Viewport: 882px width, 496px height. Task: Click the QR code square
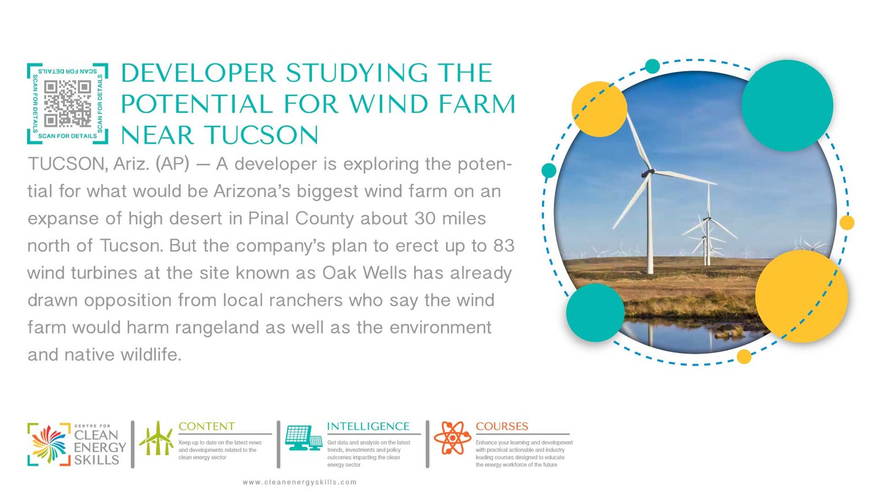tap(67, 104)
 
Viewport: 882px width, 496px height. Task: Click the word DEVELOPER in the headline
tap(198, 73)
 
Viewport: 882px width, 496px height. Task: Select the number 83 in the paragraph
tap(504, 246)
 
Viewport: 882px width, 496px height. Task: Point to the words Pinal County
tap(301, 219)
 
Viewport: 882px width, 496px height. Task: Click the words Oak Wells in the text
tap(364, 273)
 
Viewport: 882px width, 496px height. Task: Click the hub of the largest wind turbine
tap(648, 172)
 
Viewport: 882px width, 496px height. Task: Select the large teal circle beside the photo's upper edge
tap(787, 105)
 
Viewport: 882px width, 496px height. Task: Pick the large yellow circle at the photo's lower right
tap(802, 296)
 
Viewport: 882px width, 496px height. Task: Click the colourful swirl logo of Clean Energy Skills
tap(49, 444)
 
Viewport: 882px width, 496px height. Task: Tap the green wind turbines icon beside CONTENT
tap(157, 439)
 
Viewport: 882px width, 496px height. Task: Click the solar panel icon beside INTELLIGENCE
tap(304, 438)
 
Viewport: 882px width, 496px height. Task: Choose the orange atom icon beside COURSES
tap(453, 438)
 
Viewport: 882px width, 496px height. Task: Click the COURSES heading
tap(502, 427)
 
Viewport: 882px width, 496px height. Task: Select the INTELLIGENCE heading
tap(368, 427)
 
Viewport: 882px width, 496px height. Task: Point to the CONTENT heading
tap(206, 427)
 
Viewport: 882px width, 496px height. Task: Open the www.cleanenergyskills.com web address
tap(300, 482)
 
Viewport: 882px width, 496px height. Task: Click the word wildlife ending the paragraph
tap(151, 355)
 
